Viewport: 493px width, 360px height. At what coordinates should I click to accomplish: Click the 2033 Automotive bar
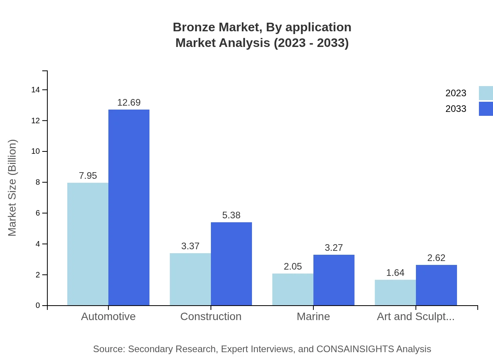[x=129, y=207]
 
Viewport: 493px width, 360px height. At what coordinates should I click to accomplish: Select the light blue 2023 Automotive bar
[x=88, y=244]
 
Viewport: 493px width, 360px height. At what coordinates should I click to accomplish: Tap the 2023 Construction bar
[x=190, y=279]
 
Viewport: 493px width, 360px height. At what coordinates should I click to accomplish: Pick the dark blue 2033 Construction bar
[x=231, y=264]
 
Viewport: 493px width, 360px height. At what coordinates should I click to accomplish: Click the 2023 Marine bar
[x=293, y=289]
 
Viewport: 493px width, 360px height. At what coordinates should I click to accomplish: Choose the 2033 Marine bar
[x=334, y=280]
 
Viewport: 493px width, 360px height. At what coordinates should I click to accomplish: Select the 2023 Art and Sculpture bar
[x=395, y=292]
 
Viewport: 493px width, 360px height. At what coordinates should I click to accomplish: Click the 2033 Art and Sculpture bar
[x=436, y=285]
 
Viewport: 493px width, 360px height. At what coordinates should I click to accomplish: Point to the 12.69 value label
[x=129, y=103]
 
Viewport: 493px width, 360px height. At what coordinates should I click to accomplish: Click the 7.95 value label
[x=88, y=176]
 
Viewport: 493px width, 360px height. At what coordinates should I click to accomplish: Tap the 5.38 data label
[x=231, y=215]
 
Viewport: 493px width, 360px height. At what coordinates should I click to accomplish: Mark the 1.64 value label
[x=395, y=273]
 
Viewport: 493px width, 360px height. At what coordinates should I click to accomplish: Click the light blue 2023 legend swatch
[x=486, y=93]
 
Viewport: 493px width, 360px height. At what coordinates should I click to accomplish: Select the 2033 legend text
[x=456, y=109]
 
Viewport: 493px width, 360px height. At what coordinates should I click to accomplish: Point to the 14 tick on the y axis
[x=36, y=90]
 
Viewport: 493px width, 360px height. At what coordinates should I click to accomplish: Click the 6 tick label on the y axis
[x=38, y=213]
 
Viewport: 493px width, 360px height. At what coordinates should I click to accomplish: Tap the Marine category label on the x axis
[x=313, y=316]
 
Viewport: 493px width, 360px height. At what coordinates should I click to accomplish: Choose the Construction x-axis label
[x=211, y=316]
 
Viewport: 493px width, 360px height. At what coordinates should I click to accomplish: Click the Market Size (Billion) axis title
[x=12, y=188]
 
